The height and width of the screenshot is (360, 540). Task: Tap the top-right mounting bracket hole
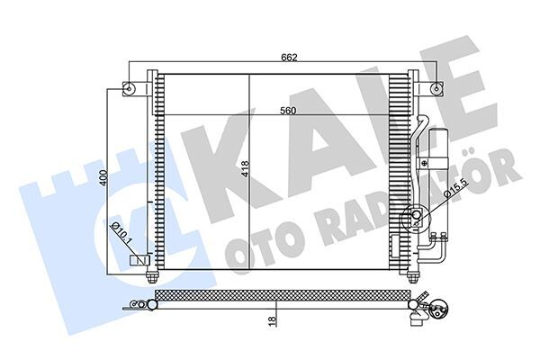pyautogui.click(x=436, y=88)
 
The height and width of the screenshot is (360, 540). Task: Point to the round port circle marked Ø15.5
pyautogui.click(x=417, y=216)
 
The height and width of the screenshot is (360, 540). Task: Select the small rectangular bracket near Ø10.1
pyautogui.click(x=140, y=260)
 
